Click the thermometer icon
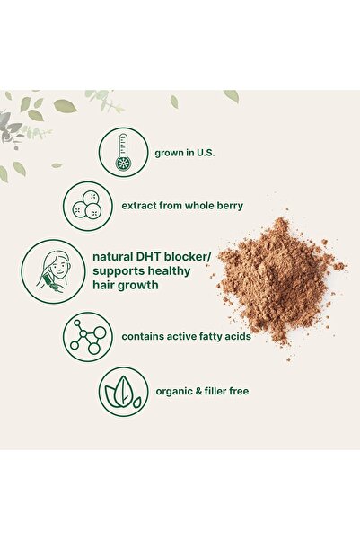[x=123, y=152]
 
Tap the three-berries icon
[x=87, y=206]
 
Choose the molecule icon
[x=87, y=337]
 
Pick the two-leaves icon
[x=123, y=391]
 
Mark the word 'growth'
[x=146, y=287]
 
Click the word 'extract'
[x=142, y=206]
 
